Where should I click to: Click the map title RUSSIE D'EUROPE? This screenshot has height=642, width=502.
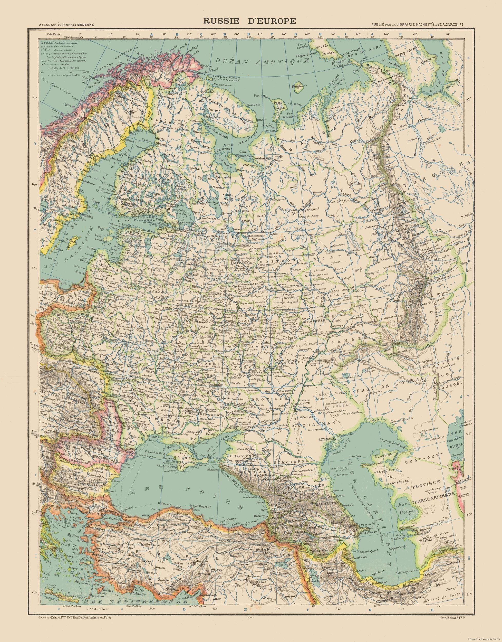point(251,21)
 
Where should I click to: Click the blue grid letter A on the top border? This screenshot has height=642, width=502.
point(152,34)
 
